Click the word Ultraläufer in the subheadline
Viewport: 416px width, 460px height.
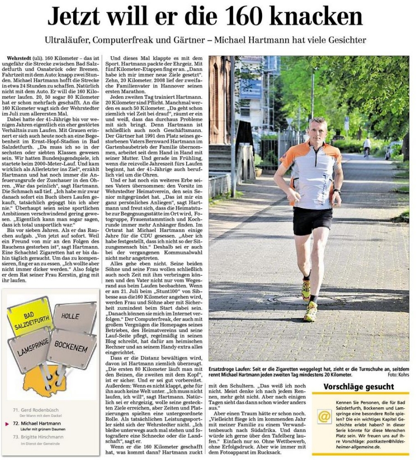[x=66, y=40]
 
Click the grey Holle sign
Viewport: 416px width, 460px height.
[x=74, y=316]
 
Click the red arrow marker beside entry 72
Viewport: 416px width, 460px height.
[x=7, y=424]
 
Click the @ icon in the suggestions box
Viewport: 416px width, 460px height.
[x=324, y=416]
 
